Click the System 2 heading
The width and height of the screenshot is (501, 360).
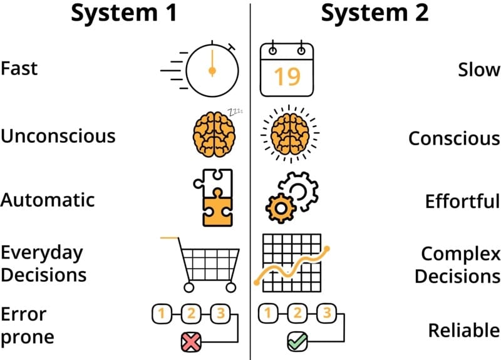click(x=374, y=13)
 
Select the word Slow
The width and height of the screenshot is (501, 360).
click(x=479, y=70)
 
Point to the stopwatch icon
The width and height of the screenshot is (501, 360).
click(x=212, y=70)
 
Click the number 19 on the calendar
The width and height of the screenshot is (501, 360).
click(x=287, y=76)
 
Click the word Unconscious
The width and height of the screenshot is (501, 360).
click(x=58, y=136)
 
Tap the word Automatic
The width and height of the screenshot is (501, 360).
click(x=48, y=200)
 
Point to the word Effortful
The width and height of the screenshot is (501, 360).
click(x=462, y=202)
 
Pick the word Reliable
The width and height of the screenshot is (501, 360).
click(x=463, y=330)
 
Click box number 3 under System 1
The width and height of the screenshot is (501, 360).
click(x=219, y=313)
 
